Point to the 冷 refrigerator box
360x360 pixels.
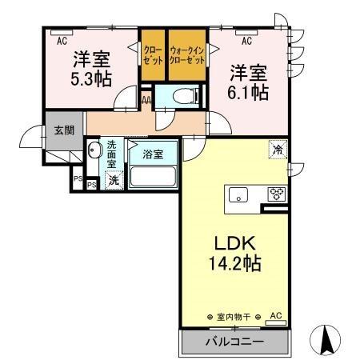pyautogui.click(x=278, y=150)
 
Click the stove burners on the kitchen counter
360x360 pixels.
pyautogui.click(x=277, y=193)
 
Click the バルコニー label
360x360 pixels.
pyautogui.click(x=232, y=342)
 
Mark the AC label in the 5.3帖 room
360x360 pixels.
pyautogui.click(x=62, y=35)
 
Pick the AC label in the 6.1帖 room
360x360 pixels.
pyautogui.click(x=248, y=39)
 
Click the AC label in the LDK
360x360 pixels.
pyautogui.click(x=275, y=317)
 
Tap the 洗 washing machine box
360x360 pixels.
pyautogui.click(x=114, y=181)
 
